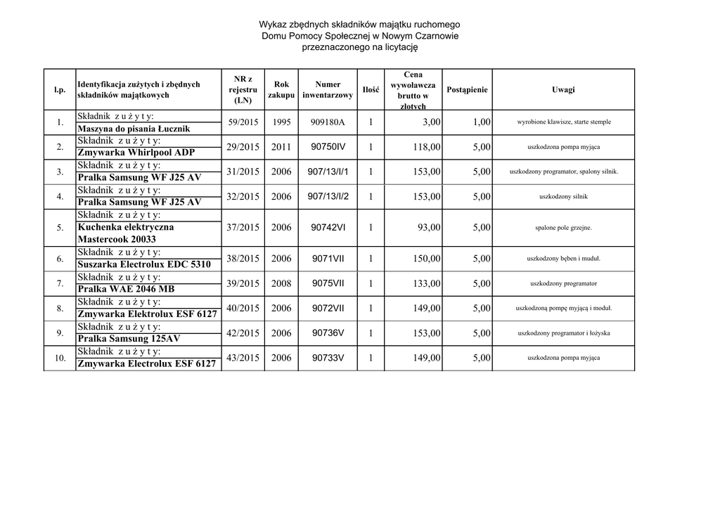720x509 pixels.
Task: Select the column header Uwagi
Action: [x=563, y=89]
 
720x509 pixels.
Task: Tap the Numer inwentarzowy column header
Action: [x=328, y=89]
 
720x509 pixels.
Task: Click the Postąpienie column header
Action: [x=467, y=89]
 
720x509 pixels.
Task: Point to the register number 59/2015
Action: [x=243, y=122]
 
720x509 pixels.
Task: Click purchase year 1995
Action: [x=281, y=122]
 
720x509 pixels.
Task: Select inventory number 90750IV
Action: [x=328, y=146]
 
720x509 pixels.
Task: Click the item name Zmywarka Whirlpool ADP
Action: [x=136, y=153]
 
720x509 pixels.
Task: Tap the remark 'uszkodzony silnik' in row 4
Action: [x=563, y=197]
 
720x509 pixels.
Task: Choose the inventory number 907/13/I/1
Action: [x=328, y=172]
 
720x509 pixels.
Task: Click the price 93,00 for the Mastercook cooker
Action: [x=429, y=228]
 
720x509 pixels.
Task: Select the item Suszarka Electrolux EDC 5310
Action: [x=144, y=264]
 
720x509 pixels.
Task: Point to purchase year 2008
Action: [x=281, y=283]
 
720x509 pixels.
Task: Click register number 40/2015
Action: [x=243, y=308]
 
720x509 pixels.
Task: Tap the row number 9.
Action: [x=60, y=333]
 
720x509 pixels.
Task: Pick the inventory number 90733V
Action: [x=328, y=358]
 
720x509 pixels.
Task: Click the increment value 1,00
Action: [x=481, y=122]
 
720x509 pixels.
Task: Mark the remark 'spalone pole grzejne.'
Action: [x=563, y=228]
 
